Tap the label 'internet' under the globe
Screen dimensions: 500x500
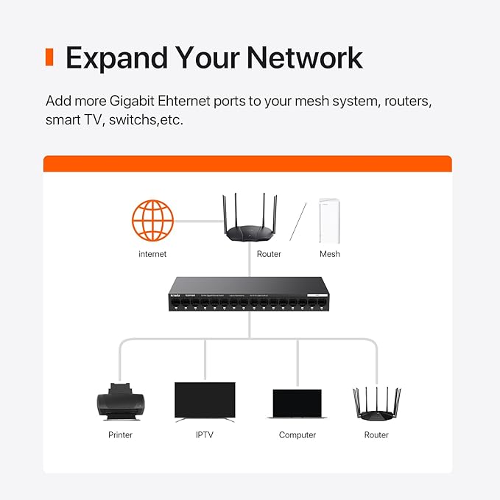point(152,254)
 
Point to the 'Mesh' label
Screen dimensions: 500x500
point(329,254)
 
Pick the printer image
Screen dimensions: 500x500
point(121,401)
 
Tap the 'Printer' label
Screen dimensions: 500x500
point(121,435)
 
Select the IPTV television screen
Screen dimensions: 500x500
point(205,401)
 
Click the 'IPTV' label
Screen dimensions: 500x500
point(205,435)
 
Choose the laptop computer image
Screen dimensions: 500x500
point(297,404)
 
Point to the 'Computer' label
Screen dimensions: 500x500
point(297,435)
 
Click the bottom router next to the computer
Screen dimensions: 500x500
point(376,404)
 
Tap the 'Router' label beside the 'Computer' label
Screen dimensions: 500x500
point(376,435)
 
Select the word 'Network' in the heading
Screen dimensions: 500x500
point(304,57)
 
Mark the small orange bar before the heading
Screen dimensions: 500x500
point(49,57)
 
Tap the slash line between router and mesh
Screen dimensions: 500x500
point(297,221)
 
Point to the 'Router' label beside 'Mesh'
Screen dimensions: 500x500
point(269,254)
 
